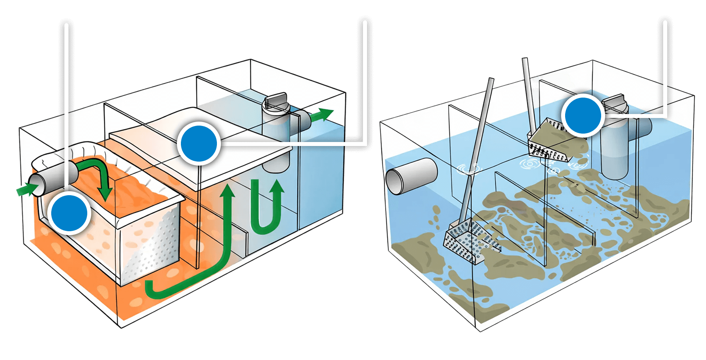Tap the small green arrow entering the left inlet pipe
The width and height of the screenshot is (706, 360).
pyautogui.click(x=25, y=189)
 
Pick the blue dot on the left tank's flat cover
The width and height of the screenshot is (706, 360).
pyautogui.click(x=199, y=144)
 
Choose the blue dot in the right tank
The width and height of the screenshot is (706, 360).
pyautogui.click(x=583, y=115)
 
